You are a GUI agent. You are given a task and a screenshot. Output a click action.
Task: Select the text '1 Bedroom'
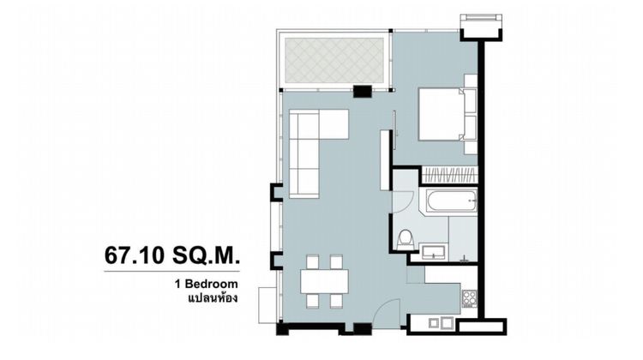[x=208, y=283]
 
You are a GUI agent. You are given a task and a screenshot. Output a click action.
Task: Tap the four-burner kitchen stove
[x=471, y=299]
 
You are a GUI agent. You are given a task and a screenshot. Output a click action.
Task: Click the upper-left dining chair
[x=313, y=261]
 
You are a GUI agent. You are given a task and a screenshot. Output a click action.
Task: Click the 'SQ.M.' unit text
[x=205, y=255]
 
